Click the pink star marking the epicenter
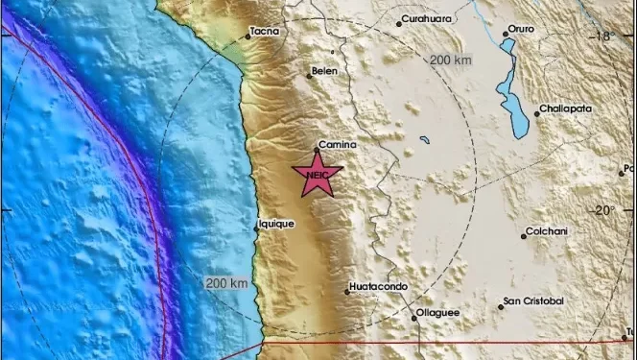(x=316, y=176)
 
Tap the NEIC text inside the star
(x=316, y=175)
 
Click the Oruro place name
(x=520, y=30)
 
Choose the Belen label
(x=323, y=71)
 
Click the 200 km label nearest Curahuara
(x=451, y=60)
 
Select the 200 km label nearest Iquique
(x=227, y=283)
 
